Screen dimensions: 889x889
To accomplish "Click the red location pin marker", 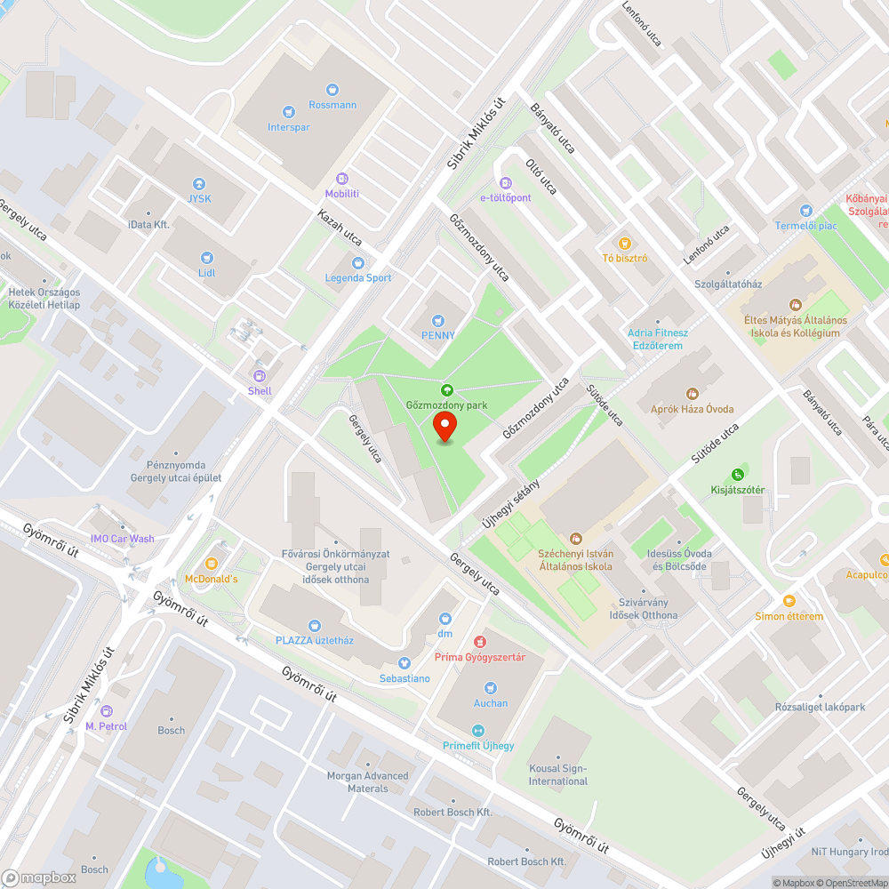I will (x=444, y=427).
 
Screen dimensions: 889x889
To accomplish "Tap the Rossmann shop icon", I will (x=332, y=89).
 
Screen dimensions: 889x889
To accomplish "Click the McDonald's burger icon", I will (x=212, y=564).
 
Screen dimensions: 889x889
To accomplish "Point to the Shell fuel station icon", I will (x=260, y=375).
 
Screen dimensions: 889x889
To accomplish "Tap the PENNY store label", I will (x=437, y=335).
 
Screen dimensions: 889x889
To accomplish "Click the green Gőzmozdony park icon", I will (x=446, y=389).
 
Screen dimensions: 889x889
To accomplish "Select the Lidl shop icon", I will (x=207, y=257).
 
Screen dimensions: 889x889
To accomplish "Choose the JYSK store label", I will (x=200, y=198).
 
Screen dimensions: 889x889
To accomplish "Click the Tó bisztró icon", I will (x=625, y=243).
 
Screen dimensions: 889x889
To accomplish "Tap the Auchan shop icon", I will (x=491, y=687).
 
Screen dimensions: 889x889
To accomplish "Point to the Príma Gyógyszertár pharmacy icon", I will (x=480, y=642).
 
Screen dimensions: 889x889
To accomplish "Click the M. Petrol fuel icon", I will (x=107, y=710).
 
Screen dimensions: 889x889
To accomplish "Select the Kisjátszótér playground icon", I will (x=737, y=475).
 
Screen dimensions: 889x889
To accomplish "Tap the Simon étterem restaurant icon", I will (x=789, y=600).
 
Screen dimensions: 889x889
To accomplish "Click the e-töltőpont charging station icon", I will (x=506, y=181).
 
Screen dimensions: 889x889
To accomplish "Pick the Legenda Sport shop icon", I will (x=357, y=262).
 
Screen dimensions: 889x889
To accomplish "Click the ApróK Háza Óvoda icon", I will (x=692, y=393).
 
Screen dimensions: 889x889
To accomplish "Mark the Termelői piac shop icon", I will (x=805, y=210).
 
